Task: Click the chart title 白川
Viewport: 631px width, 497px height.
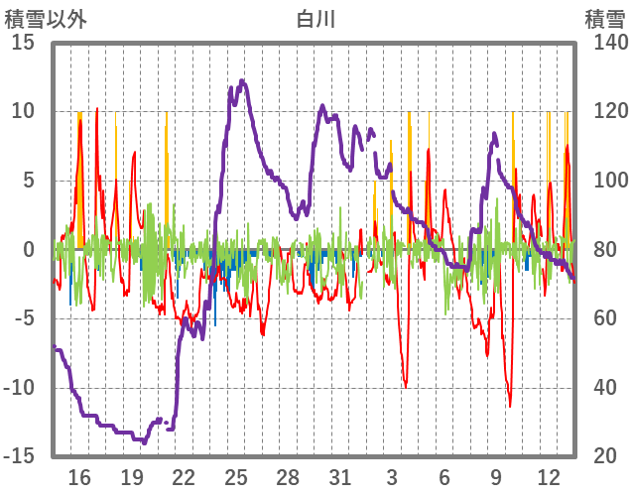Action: tap(315, 18)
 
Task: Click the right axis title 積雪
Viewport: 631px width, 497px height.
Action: tap(603, 18)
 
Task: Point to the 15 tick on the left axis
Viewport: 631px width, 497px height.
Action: tap(24, 43)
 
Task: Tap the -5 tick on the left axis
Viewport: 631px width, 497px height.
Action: tap(24, 318)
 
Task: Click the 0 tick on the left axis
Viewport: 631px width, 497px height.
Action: tap(29, 250)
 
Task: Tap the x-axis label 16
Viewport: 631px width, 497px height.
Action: tap(79, 477)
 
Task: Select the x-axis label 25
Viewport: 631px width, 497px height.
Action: tap(235, 477)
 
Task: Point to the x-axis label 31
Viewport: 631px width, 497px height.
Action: tap(339, 477)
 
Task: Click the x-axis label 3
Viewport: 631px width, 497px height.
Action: tap(392, 477)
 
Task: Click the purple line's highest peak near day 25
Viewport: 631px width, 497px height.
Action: tap(242, 81)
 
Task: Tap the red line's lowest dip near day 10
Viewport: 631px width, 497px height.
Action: tap(510, 405)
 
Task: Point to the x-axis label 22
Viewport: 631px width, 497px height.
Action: tap(184, 477)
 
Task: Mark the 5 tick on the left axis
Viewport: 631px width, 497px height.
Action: tap(29, 181)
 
